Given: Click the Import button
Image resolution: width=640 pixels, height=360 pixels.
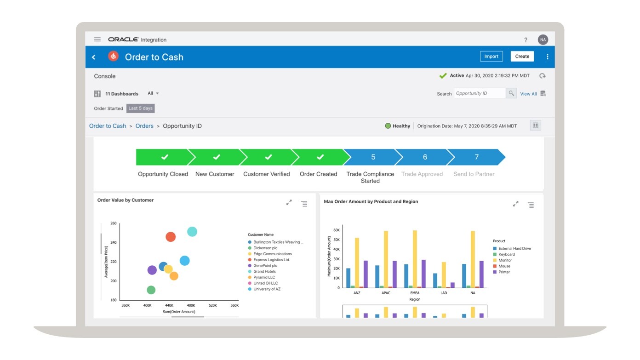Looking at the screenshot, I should click(x=491, y=57).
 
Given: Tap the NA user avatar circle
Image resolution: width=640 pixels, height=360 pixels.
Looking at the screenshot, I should click(x=543, y=40).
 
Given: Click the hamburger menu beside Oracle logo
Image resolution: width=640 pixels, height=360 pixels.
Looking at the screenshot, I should click(x=97, y=40).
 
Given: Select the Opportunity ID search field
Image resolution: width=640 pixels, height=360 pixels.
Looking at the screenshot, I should click(x=479, y=93).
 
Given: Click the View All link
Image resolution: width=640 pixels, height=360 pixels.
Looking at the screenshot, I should click(x=528, y=94).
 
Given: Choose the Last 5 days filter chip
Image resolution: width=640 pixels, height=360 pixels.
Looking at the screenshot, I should click(x=140, y=109).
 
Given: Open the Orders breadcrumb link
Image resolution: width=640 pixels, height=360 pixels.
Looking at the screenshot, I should click(x=144, y=126).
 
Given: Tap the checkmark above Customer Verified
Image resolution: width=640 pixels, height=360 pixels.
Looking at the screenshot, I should click(x=268, y=157).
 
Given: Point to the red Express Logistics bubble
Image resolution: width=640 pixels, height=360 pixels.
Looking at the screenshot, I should click(x=171, y=237).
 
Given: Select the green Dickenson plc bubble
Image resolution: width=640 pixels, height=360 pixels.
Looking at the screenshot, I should click(x=151, y=290).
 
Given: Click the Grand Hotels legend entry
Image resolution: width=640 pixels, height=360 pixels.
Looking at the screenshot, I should click(x=264, y=272).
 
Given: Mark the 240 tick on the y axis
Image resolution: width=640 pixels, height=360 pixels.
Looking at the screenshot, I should click(x=113, y=242).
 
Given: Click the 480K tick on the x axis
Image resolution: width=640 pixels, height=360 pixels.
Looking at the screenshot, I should click(x=191, y=305).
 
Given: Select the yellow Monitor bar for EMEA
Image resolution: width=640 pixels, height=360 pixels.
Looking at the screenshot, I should click(x=415, y=259).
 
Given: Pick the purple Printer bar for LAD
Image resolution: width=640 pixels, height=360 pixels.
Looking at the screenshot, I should click(x=452, y=285).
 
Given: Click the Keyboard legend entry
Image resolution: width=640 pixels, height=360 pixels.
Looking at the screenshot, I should click(x=506, y=254).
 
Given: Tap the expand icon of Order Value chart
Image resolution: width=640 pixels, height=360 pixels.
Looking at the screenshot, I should click(x=289, y=203).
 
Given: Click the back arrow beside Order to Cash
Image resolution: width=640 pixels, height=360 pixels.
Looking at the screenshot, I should click(x=94, y=57).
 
